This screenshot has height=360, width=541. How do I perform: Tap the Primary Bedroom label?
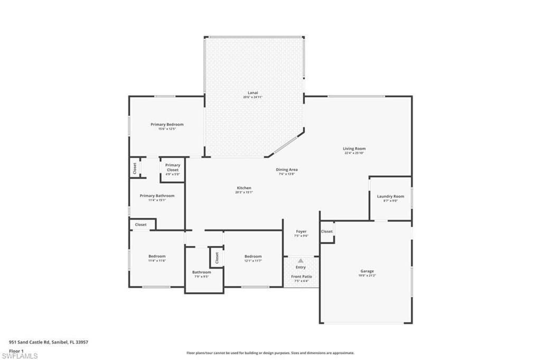coord(167,125)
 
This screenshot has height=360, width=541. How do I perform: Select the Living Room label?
coord(354,149)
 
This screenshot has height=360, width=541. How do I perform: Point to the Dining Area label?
coord(287,170)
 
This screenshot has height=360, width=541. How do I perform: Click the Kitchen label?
coord(244,188)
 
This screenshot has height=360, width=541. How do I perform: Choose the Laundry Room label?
coord(390,197)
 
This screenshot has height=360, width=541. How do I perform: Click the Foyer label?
coord(301,232)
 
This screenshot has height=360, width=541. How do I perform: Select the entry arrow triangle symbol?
coord(301,261)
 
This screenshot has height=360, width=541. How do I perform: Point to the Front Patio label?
coord(301,276)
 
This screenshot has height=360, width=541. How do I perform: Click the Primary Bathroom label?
coord(157,196)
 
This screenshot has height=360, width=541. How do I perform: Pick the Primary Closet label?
coord(172,168)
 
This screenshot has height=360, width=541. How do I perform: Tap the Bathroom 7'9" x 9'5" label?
coord(201,272)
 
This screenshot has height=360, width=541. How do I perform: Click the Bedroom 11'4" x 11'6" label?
coord(157,256)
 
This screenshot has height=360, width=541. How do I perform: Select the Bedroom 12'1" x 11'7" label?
coord(253,256)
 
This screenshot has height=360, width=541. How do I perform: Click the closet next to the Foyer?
coord(327,232)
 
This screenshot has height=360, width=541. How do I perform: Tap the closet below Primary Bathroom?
coord(141,225)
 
